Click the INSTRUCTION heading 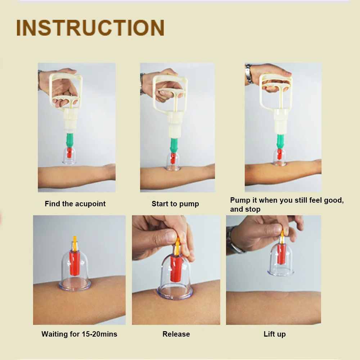[90, 28]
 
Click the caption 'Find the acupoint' [75, 204]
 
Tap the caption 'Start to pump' [175, 204]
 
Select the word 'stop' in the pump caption [253, 210]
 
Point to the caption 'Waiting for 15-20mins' [79, 334]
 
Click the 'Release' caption [176, 334]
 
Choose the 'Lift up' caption [275, 334]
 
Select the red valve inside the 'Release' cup [176, 268]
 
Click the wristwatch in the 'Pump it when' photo [249, 73]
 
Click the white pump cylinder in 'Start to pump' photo [175, 125]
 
